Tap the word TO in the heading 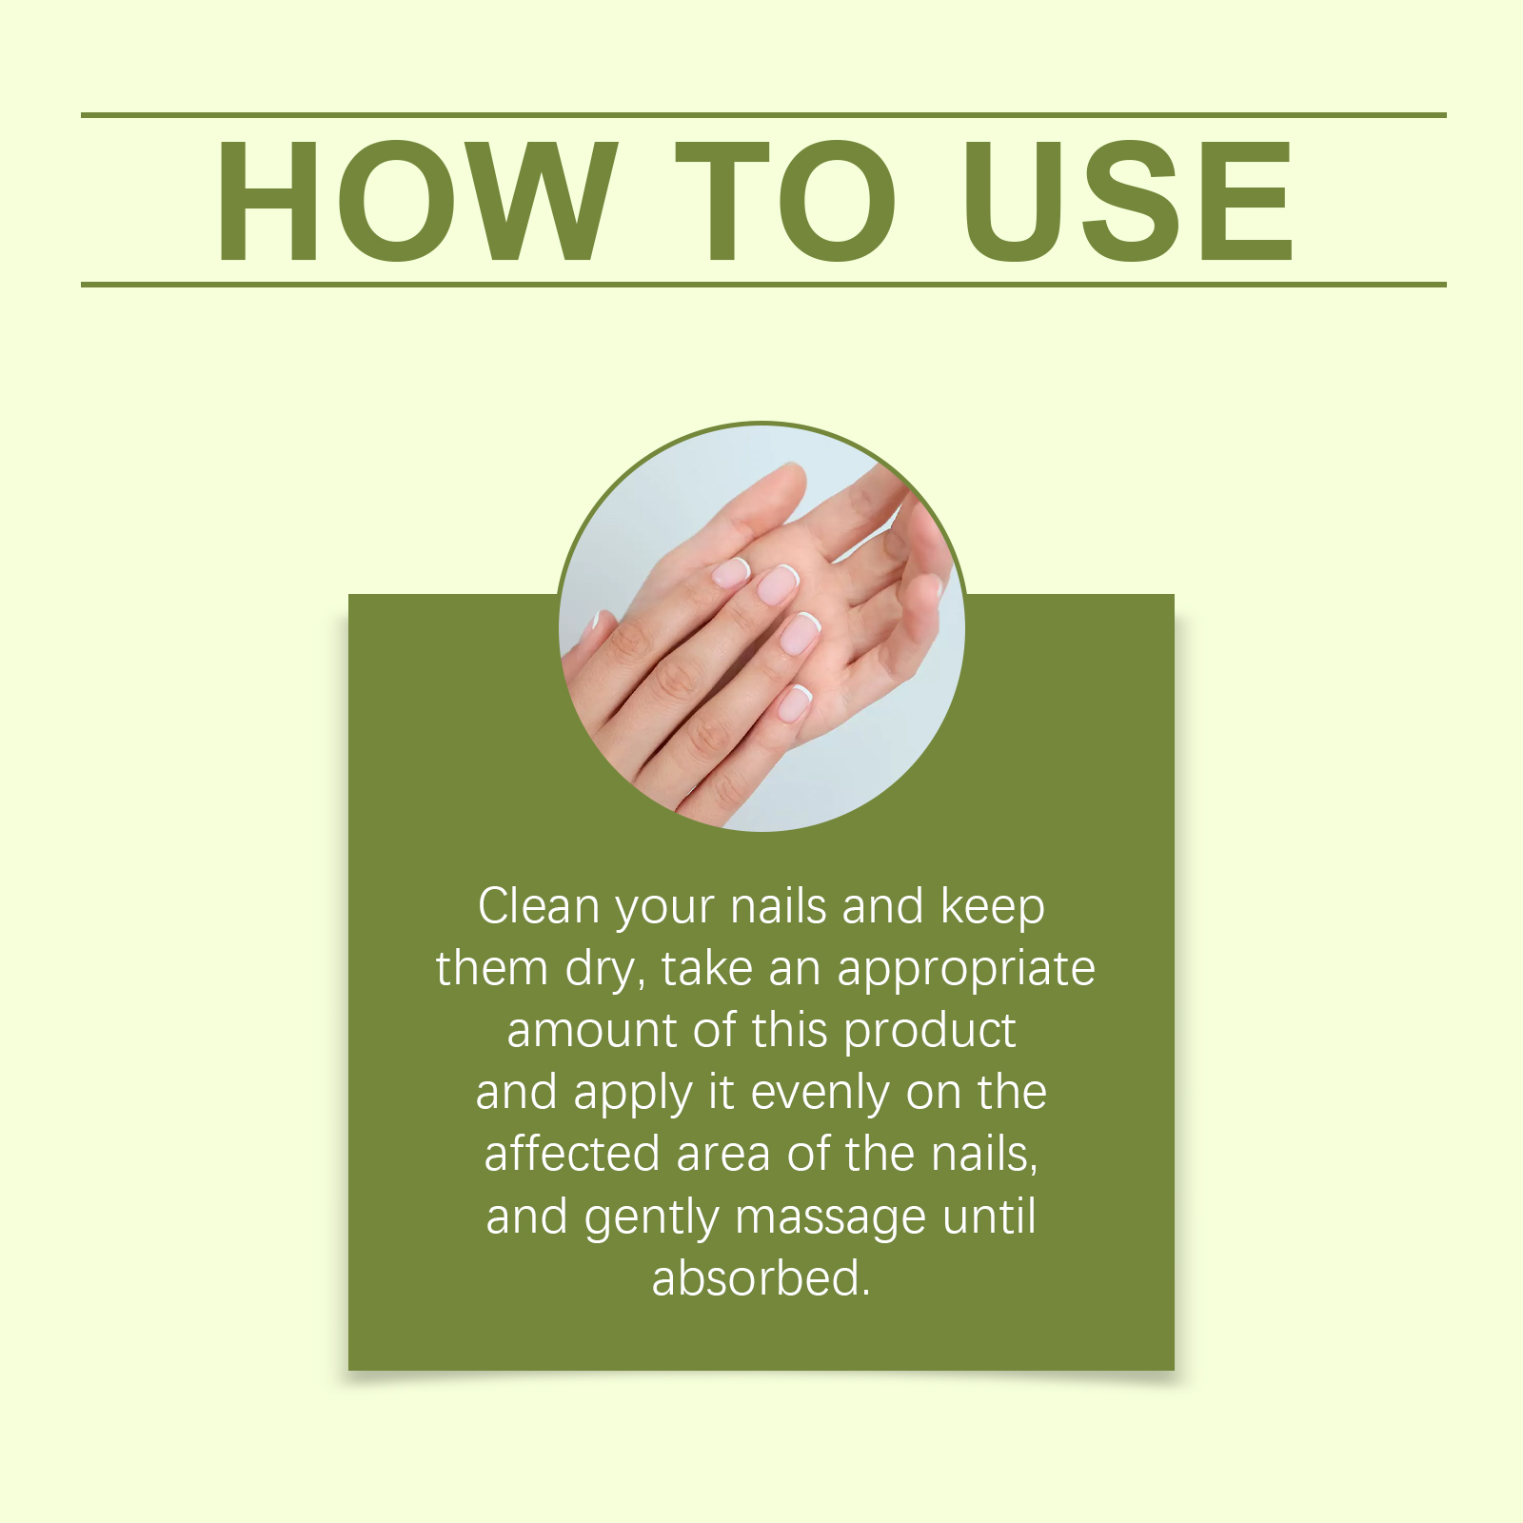point(786,200)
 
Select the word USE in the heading point(1128,200)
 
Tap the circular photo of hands point(761,627)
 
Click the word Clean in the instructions point(539,906)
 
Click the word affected point(572,1154)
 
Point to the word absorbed point(761,1278)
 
